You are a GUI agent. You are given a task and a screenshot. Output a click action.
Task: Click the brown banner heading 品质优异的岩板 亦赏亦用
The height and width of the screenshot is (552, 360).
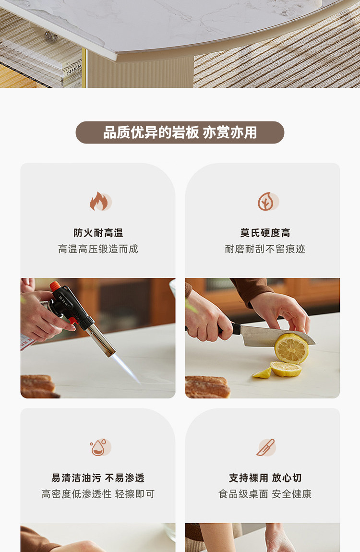click(x=180, y=132)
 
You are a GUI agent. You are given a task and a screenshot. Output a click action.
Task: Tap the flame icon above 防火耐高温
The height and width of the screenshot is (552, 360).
click(x=100, y=202)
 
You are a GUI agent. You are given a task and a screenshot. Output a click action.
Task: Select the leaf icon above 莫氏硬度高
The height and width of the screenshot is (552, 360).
click(x=268, y=202)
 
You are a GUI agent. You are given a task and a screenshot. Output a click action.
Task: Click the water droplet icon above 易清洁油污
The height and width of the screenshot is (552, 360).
click(x=100, y=447)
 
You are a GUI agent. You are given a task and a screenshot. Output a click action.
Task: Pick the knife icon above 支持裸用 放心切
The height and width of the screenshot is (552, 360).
click(x=266, y=447)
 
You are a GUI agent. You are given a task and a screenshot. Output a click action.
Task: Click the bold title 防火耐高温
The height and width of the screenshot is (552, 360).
click(x=98, y=233)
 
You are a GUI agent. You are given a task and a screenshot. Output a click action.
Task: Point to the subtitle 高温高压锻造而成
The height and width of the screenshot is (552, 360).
click(x=98, y=249)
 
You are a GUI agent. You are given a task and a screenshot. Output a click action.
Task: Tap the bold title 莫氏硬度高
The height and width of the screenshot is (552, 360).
click(x=265, y=233)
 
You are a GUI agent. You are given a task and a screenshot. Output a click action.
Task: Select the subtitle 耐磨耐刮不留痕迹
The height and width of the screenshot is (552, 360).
click(x=265, y=249)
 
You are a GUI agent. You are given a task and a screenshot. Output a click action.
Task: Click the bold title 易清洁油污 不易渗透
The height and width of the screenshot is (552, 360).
click(x=98, y=478)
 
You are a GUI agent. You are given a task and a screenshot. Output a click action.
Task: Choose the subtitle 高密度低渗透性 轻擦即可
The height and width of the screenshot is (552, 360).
click(x=98, y=494)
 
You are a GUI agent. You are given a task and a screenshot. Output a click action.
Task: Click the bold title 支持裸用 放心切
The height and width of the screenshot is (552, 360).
click(x=265, y=478)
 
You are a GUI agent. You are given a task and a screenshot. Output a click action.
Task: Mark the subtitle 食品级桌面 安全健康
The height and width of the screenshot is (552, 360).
click(x=265, y=494)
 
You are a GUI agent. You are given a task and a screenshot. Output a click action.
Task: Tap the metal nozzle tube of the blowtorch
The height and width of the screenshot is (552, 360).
click(x=101, y=340)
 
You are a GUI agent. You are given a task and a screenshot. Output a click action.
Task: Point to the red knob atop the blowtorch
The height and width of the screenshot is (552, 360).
click(x=55, y=286)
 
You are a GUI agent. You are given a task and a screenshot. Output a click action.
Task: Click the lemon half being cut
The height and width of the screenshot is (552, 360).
click(x=291, y=348)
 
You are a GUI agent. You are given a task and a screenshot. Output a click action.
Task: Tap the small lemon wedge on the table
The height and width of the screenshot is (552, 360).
click(x=262, y=373)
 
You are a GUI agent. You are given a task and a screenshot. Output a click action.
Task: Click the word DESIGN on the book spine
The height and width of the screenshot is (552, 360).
click(x=74, y=68)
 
